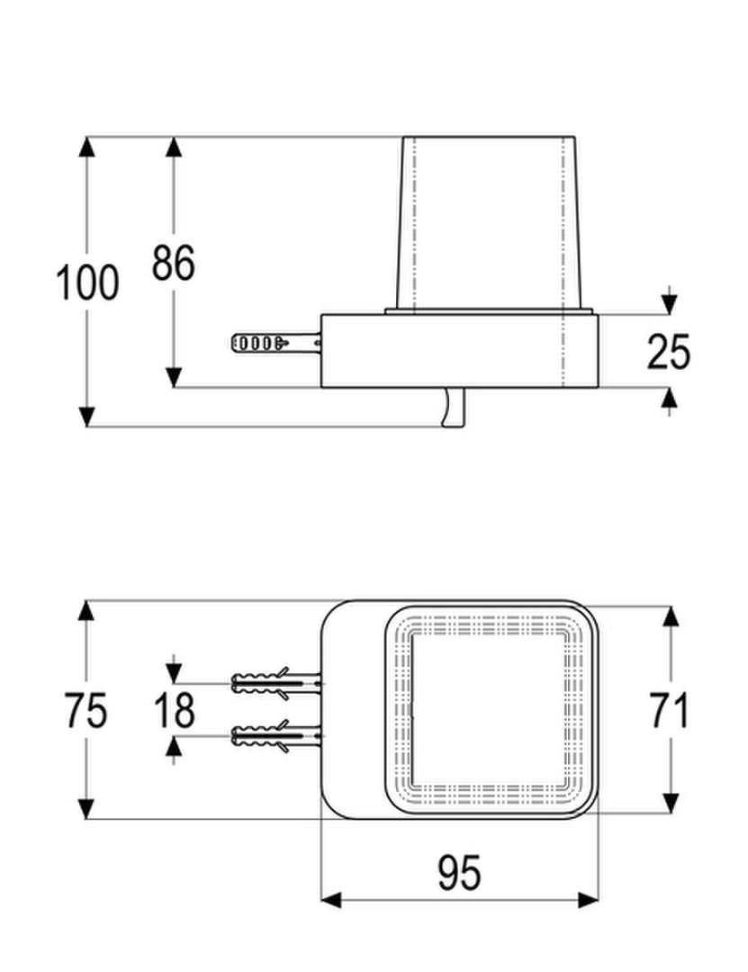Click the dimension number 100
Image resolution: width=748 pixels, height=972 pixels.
(x=87, y=283)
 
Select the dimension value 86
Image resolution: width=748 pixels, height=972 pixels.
(x=174, y=262)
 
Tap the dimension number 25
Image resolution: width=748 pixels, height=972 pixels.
(x=668, y=352)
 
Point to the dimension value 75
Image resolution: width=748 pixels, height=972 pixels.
(x=86, y=710)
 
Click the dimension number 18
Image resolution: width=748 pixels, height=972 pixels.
(x=175, y=710)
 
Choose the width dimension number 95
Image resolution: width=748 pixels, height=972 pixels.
(x=459, y=872)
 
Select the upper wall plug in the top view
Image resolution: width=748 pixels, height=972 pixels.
(x=276, y=683)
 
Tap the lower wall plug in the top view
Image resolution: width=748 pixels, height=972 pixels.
(x=276, y=736)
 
